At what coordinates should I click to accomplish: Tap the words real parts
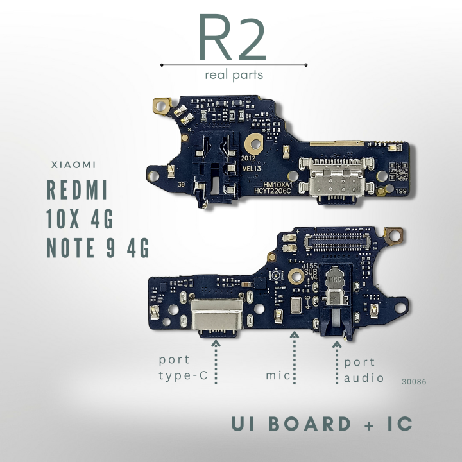point(234,74)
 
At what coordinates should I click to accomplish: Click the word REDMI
point(78,191)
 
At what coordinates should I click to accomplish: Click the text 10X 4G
point(80,219)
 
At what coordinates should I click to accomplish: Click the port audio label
point(364,370)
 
